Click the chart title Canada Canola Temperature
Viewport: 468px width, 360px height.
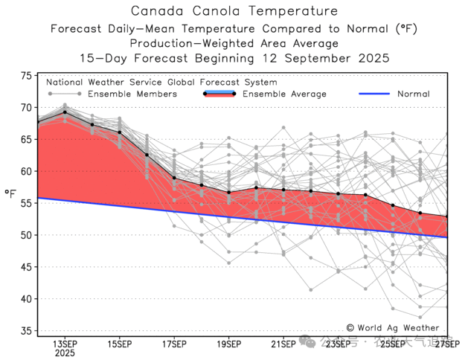(x=234, y=11)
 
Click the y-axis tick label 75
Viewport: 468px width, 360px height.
(x=26, y=76)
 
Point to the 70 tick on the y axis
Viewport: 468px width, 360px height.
(x=26, y=108)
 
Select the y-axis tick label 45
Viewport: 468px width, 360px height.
(x=26, y=267)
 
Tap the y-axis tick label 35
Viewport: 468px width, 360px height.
(x=26, y=331)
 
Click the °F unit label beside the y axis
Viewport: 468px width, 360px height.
(x=10, y=194)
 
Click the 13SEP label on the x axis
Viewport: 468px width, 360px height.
(x=65, y=344)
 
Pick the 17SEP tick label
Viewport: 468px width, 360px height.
(x=174, y=344)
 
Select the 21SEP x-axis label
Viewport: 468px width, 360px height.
(x=283, y=344)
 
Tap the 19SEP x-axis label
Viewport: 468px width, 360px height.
(x=228, y=344)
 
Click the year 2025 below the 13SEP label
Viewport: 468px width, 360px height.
(x=65, y=354)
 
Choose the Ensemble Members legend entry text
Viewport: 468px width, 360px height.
(x=132, y=94)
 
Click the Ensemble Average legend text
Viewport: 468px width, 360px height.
(x=284, y=94)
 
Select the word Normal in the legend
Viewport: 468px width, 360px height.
(x=413, y=94)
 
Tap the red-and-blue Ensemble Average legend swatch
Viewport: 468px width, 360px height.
(x=219, y=94)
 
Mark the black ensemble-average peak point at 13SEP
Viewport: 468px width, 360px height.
(x=65, y=112)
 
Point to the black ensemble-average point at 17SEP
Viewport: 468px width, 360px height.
(x=174, y=178)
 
